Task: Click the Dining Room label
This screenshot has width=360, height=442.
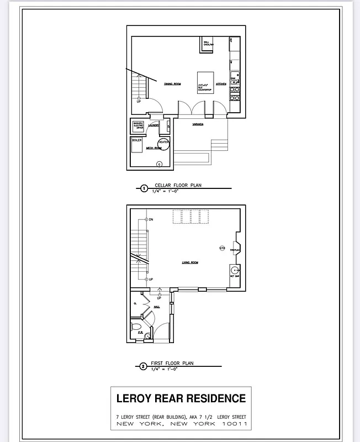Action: point(173,84)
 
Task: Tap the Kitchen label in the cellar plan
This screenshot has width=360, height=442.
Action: point(221,84)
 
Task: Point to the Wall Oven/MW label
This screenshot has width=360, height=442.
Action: point(209,43)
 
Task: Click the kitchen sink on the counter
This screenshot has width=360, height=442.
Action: point(234,76)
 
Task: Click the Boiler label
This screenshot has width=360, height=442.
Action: point(137,140)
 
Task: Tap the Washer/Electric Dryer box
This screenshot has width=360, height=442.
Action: point(138,125)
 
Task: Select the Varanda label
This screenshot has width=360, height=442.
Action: point(197,124)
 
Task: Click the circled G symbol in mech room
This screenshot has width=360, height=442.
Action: point(160,164)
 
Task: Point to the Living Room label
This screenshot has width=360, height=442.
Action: point(190,262)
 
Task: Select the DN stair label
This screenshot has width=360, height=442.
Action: point(151,220)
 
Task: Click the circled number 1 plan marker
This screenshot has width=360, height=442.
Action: point(145,189)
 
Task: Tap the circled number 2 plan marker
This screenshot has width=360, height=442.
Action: point(144,366)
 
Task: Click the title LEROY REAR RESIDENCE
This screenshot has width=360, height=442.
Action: point(181,398)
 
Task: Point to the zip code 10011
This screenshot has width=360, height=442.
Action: point(234,424)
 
